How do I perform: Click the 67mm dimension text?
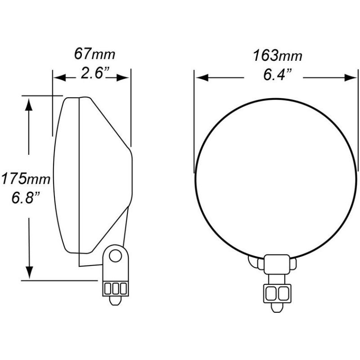click(x=94, y=55)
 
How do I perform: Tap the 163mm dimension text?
click(x=277, y=56)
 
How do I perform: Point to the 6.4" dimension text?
click(x=275, y=75)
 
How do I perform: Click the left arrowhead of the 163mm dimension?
click(x=201, y=78)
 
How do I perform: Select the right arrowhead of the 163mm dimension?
click(x=350, y=78)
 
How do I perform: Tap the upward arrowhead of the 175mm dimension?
click(x=29, y=104)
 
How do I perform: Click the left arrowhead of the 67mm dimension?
click(x=59, y=78)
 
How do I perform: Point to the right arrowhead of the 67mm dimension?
click(x=124, y=78)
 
